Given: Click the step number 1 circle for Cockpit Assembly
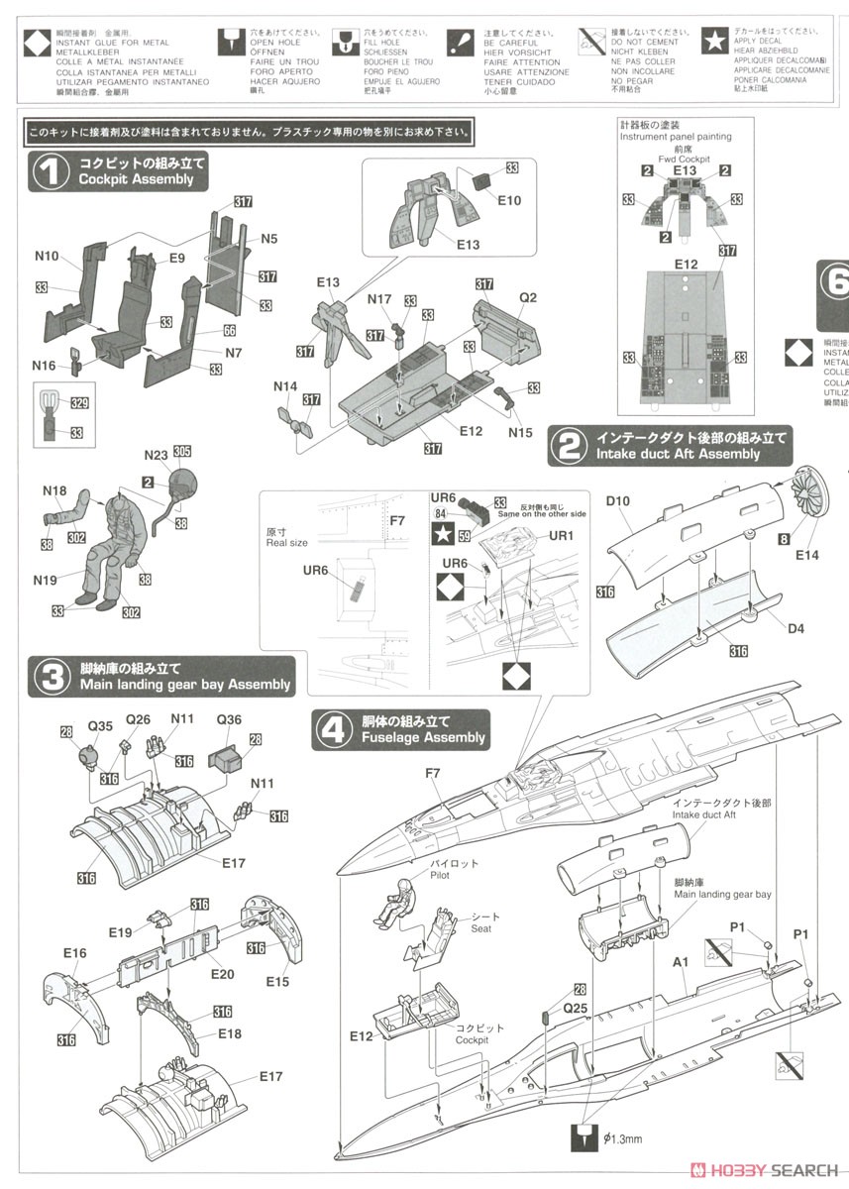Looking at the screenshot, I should click(x=46, y=171).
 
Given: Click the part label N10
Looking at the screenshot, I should click(x=46, y=256).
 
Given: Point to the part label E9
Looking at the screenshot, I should click(x=176, y=258).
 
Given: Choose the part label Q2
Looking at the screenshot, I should click(x=527, y=298).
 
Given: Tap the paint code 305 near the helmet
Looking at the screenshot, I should click(x=181, y=451).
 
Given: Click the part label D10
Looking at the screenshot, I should click(x=618, y=501).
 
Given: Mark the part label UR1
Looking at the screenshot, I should click(x=561, y=536).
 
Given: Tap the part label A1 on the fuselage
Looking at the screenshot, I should click(x=681, y=961).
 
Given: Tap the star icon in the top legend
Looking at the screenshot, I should click(x=713, y=42).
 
